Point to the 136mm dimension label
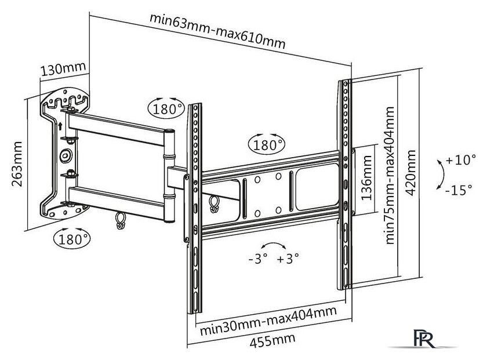pos(366,181)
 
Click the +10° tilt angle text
pos(461,161)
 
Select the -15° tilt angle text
pos(460,190)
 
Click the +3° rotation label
pos(288,259)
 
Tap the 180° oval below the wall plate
pos(71,238)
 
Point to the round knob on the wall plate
pos(66,155)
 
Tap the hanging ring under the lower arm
pos(121,219)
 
